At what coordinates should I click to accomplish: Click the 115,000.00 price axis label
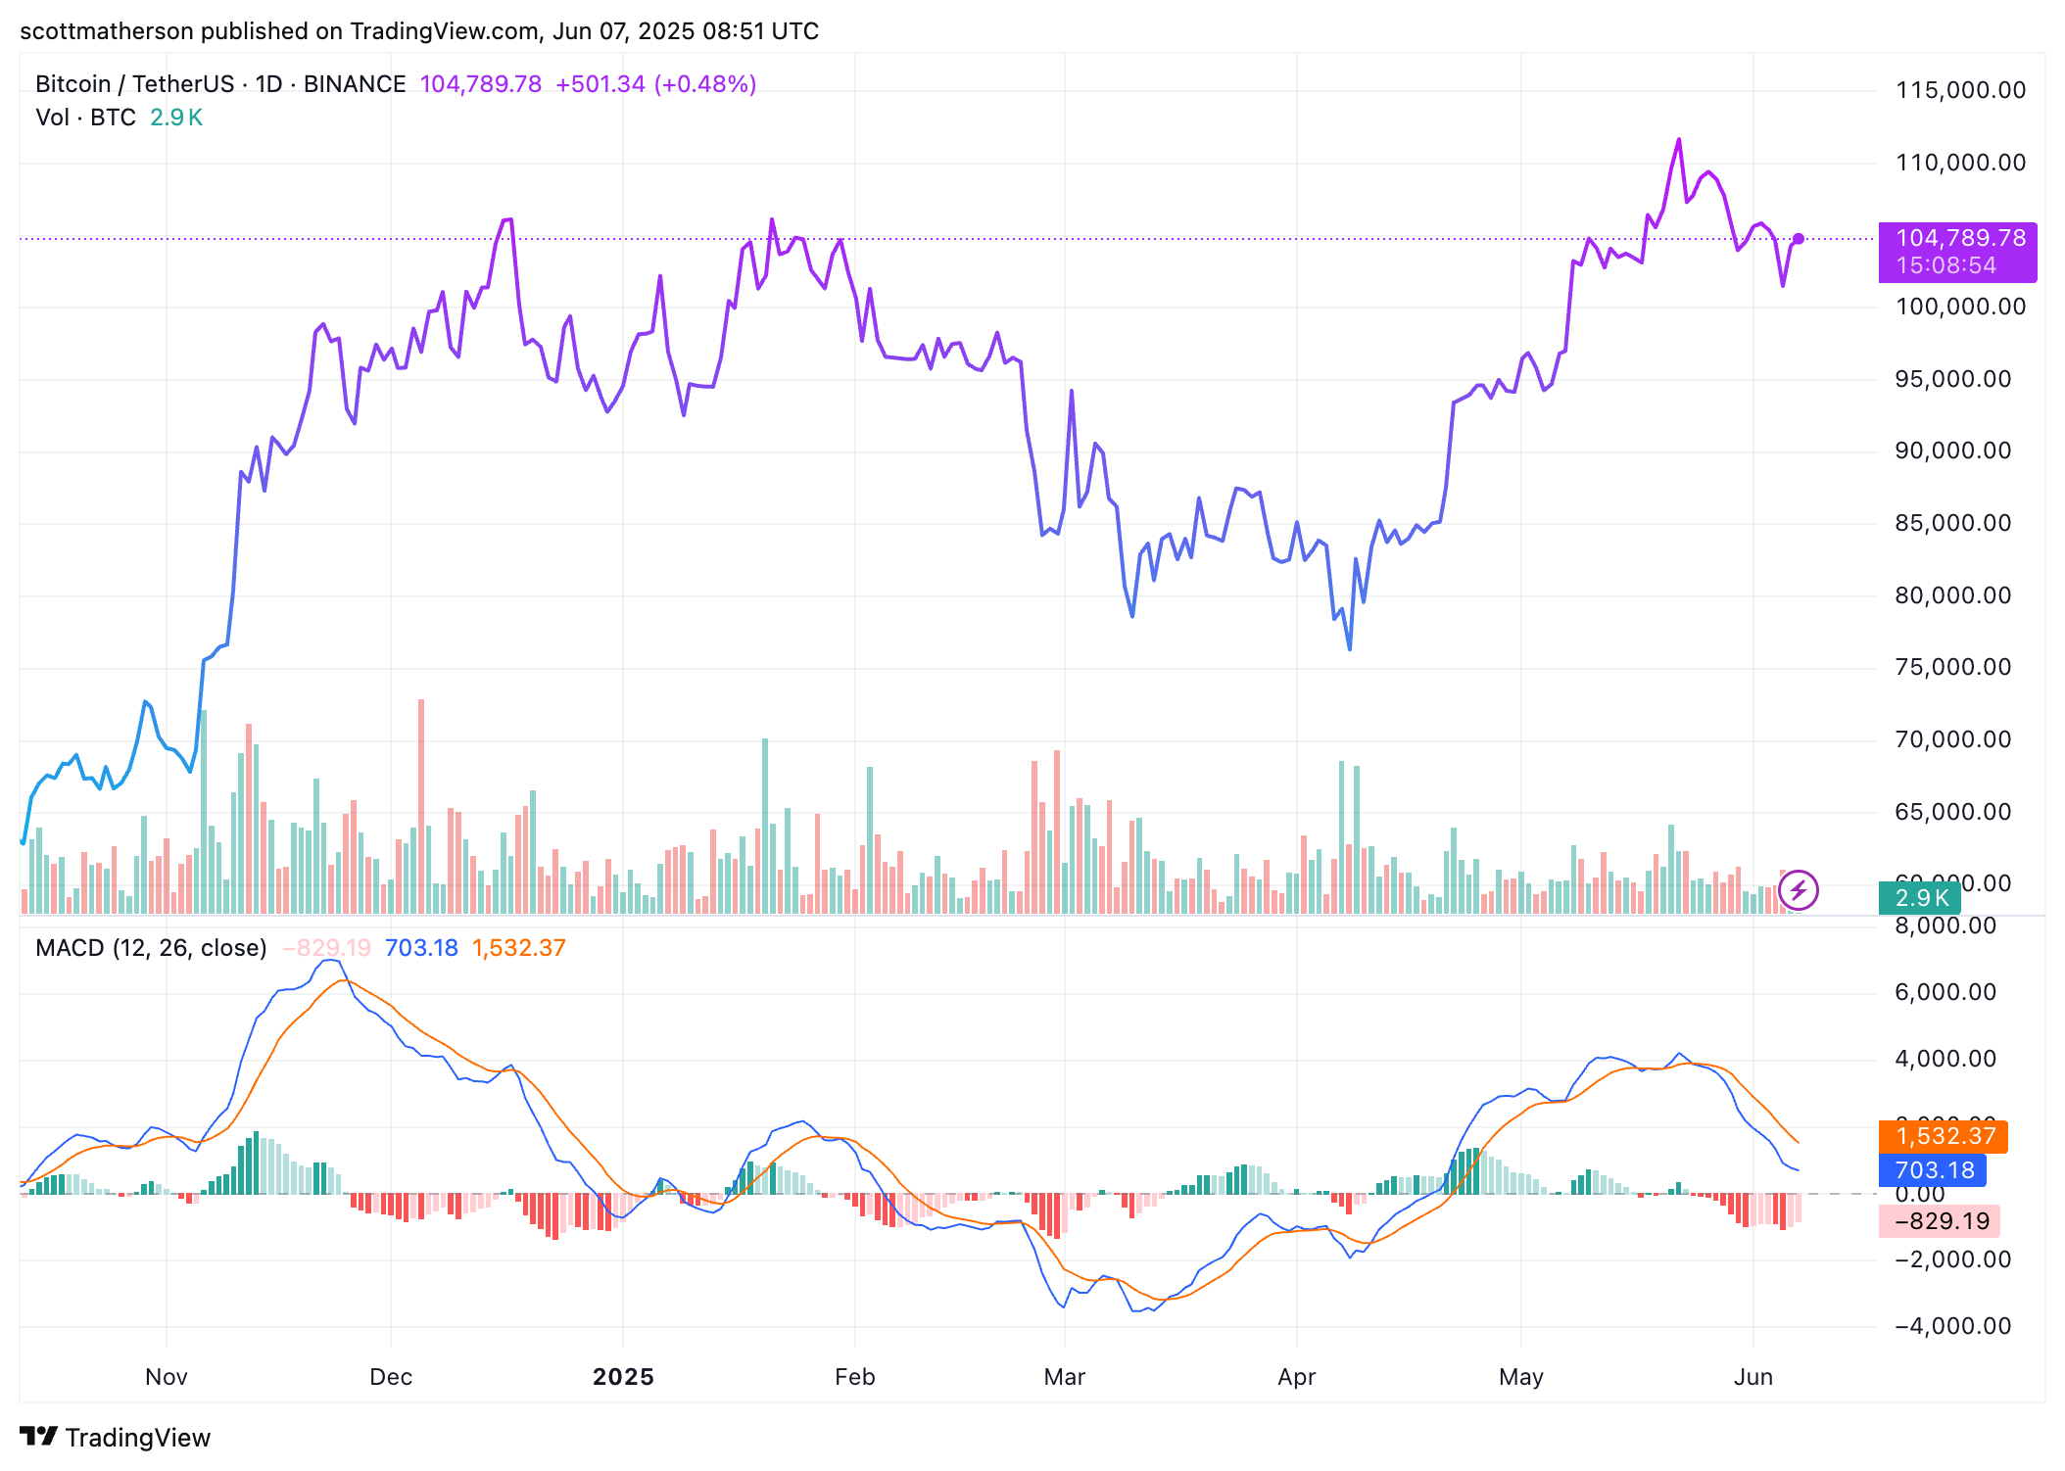click(x=1960, y=90)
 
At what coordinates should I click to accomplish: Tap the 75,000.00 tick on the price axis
click(x=1952, y=667)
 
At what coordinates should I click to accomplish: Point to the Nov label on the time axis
click(x=167, y=1377)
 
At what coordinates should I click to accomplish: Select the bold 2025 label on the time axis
click(x=623, y=1377)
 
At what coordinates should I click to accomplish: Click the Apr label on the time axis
click(x=1296, y=1377)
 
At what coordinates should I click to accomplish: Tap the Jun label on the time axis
click(x=1753, y=1377)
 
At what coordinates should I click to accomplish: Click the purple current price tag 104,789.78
click(x=1958, y=239)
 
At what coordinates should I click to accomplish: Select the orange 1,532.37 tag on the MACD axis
click(x=1944, y=1136)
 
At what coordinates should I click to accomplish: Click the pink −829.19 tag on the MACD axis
click(x=1940, y=1221)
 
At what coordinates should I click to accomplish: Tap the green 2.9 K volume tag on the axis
click(x=1921, y=898)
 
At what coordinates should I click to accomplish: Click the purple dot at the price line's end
click(x=1799, y=239)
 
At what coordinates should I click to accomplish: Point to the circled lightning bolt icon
click(x=1799, y=890)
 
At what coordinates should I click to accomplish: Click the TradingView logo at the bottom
click(x=116, y=1437)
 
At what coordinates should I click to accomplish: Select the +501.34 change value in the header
click(x=600, y=84)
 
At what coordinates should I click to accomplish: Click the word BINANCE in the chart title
click(x=355, y=84)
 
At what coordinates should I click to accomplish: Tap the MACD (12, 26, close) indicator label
click(x=151, y=948)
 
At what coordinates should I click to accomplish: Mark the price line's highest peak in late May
click(x=1679, y=140)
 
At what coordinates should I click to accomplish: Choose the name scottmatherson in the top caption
click(x=107, y=31)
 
